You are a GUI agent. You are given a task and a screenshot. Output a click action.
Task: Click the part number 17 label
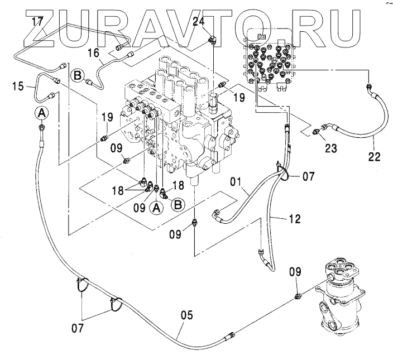[37, 22]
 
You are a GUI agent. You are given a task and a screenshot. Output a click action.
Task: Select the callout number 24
[198, 22]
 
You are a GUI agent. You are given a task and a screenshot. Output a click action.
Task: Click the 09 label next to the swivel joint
[295, 272]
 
